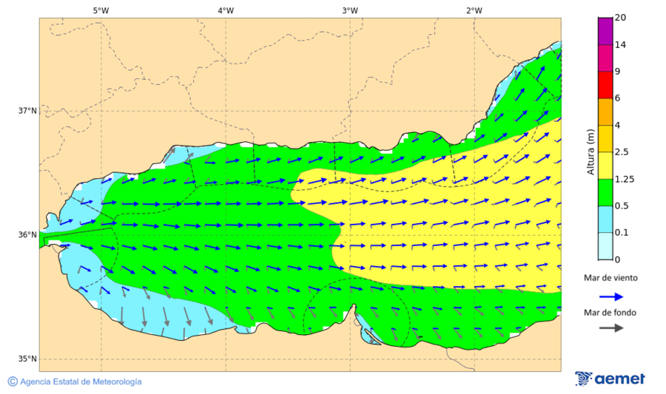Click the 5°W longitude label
(x=101, y=10)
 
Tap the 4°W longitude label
(x=226, y=10)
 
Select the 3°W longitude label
(x=350, y=10)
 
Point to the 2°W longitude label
(x=474, y=10)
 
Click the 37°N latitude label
(x=27, y=111)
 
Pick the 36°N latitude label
(x=27, y=235)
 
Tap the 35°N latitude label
(x=27, y=359)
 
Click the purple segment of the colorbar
(x=605, y=31)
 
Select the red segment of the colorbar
(x=605, y=85)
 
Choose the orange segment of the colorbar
(x=605, y=112)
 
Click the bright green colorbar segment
(x=605, y=192)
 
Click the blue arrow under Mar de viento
(x=610, y=295)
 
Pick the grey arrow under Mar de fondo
(x=610, y=328)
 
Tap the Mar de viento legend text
(x=610, y=278)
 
